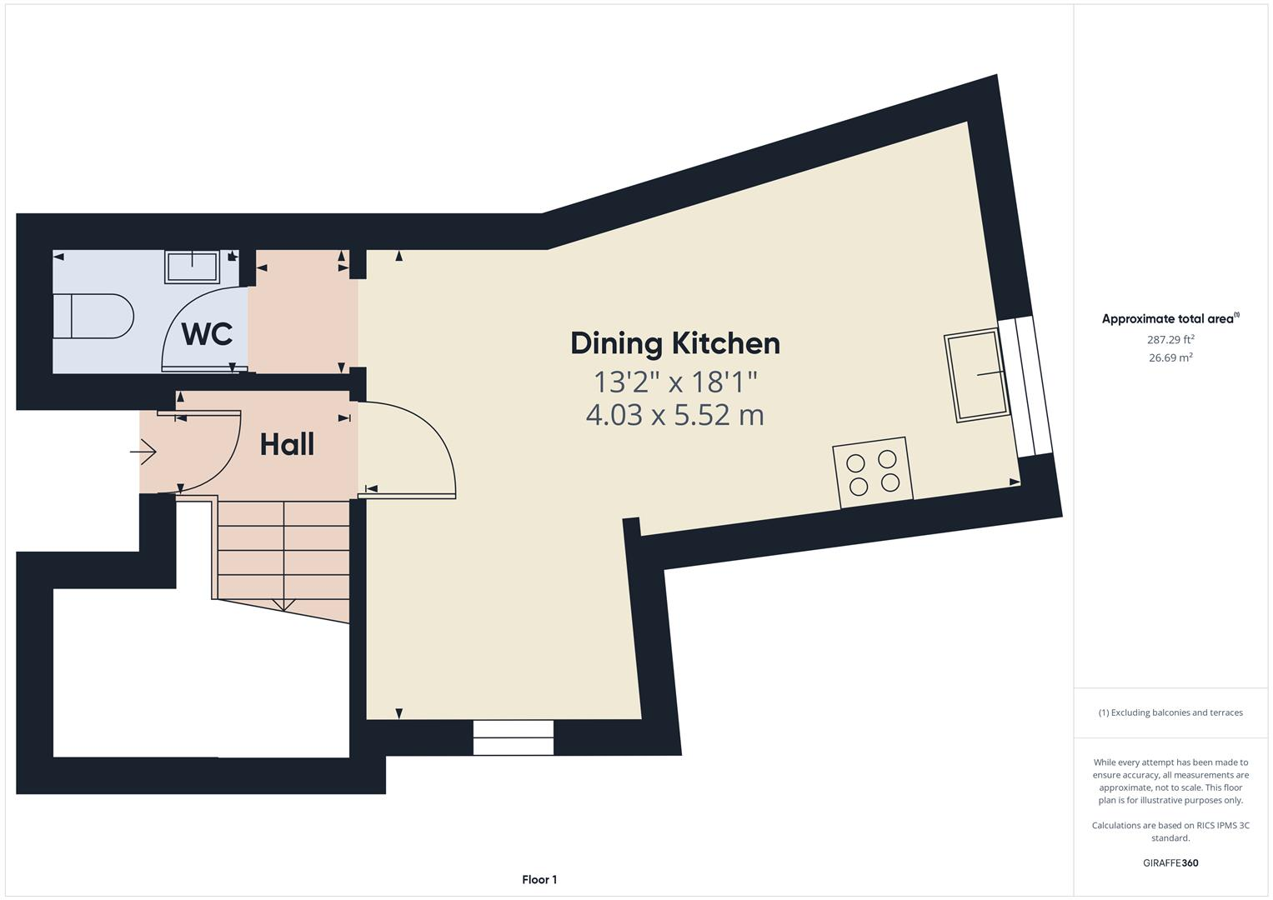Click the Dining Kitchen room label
click(674, 343)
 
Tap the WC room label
click(207, 334)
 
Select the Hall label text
click(287, 444)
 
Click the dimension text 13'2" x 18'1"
click(674, 382)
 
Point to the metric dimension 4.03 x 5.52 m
click(674, 414)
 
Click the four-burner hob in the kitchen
click(872, 472)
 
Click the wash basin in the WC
click(192, 267)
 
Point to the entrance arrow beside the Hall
click(143, 452)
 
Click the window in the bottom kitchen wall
click(513, 737)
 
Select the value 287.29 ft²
click(1170, 339)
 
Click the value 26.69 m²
click(1170, 357)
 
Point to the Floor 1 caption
click(539, 879)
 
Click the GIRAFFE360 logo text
click(1170, 862)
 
